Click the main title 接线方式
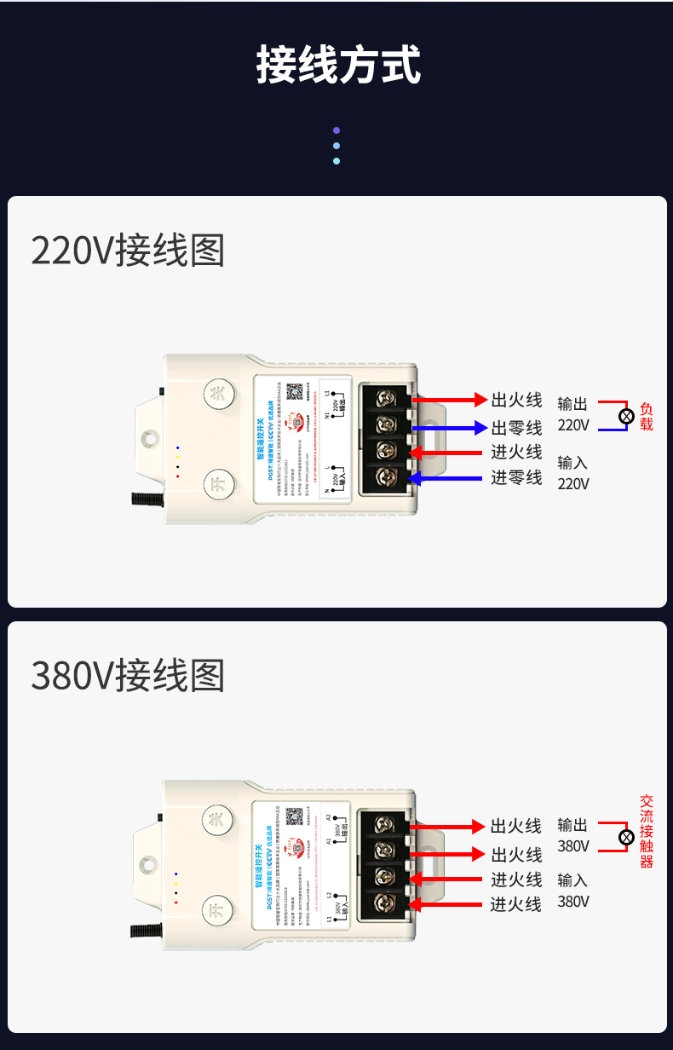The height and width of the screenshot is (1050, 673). pyautogui.click(x=338, y=66)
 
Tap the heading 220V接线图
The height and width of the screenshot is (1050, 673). pyautogui.click(x=128, y=251)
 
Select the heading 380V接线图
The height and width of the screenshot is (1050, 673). pyautogui.click(x=128, y=676)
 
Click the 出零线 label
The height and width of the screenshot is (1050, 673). pyautogui.click(x=516, y=428)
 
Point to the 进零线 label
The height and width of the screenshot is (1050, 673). pyautogui.click(x=516, y=478)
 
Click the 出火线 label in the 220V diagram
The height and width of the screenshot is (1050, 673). pyautogui.click(x=516, y=400)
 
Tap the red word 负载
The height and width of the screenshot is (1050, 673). pyautogui.click(x=646, y=416)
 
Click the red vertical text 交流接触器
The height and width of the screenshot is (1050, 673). pyautogui.click(x=647, y=832)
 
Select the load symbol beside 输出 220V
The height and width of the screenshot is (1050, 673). pyautogui.click(x=626, y=416)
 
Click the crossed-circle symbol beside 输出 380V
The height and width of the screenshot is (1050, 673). pyautogui.click(x=626, y=837)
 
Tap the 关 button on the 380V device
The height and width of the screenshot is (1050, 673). pyautogui.click(x=218, y=820)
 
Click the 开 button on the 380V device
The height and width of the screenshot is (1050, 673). pyautogui.click(x=218, y=911)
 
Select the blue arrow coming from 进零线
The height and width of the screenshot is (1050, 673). pyautogui.click(x=446, y=479)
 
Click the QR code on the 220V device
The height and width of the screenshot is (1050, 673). pyautogui.click(x=294, y=392)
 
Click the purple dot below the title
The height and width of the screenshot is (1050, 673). pyautogui.click(x=336, y=130)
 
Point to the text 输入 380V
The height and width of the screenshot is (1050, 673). pyautogui.click(x=573, y=891)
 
